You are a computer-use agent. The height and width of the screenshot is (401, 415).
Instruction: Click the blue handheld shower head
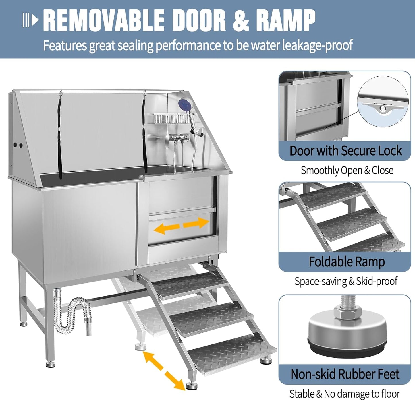[184, 104]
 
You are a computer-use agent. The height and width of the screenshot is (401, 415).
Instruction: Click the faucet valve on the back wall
[178, 138]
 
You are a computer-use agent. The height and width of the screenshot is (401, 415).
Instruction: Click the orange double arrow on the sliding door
[181, 225]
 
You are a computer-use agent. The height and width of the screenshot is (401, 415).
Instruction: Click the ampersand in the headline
[241, 21]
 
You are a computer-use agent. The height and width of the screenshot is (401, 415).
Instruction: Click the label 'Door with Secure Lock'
[345, 151]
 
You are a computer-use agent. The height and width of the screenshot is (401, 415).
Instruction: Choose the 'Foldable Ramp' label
[346, 262]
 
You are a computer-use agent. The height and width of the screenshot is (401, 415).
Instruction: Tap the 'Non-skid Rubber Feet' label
[345, 374]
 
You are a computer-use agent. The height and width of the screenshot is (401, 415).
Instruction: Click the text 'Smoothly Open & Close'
[347, 171]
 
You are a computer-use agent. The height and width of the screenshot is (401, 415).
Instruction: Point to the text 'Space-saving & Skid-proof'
[346, 281]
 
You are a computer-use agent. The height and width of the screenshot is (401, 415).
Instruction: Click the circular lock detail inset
[383, 102]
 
